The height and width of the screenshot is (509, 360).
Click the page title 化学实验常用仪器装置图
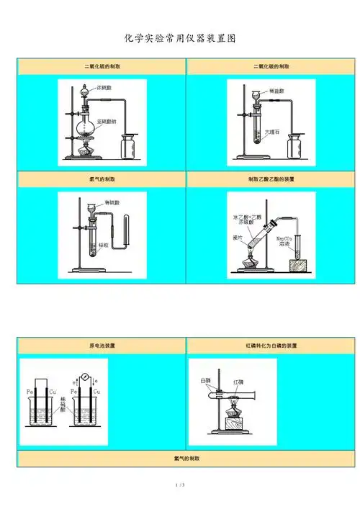coord(180,37)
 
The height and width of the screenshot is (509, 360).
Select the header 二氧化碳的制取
coord(271,66)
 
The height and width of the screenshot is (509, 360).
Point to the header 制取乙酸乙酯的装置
coord(271,179)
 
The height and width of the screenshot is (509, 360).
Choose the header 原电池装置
coord(102,346)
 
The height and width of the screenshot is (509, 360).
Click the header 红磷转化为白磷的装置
coord(271,346)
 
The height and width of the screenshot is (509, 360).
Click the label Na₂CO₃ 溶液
coord(284,240)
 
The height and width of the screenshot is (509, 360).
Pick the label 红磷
coord(238,382)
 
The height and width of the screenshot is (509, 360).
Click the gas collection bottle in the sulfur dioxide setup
coord(130,148)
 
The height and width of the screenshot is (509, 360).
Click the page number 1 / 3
coord(180,486)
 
